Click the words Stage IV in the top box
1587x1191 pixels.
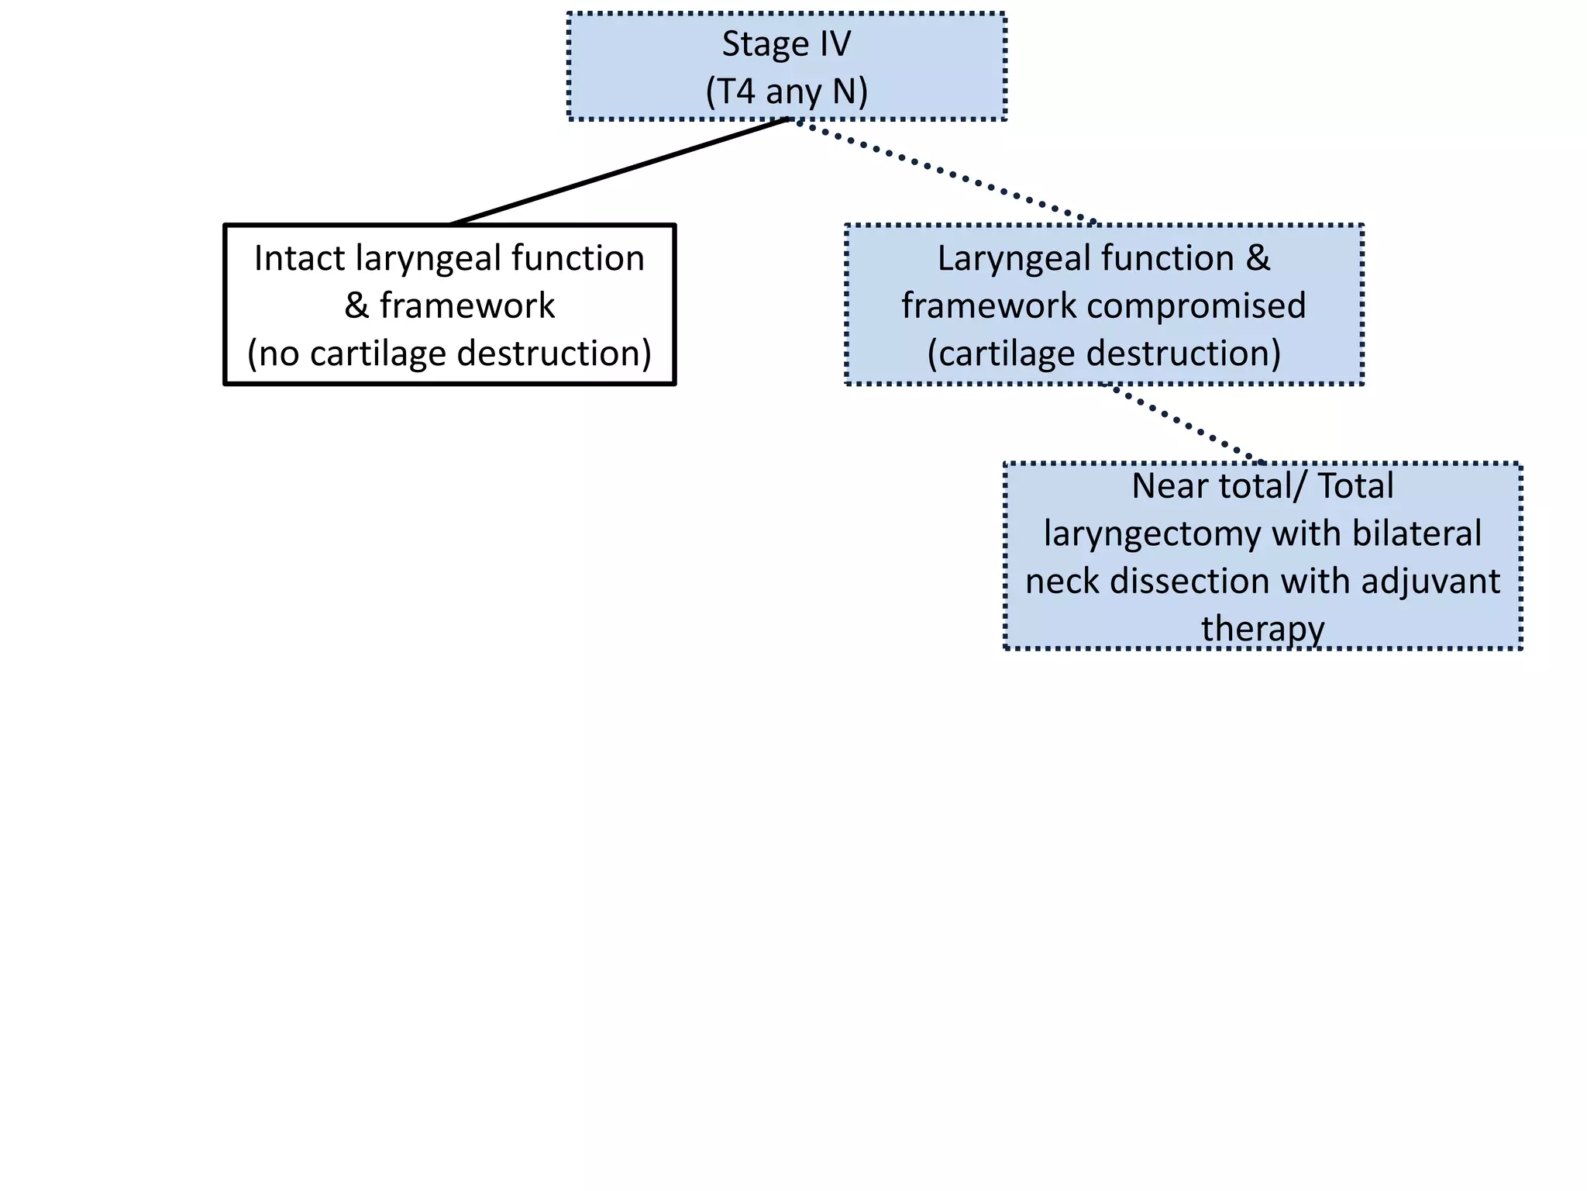coord(786,44)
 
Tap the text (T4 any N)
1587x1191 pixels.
coord(786,91)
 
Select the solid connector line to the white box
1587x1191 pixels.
coord(620,171)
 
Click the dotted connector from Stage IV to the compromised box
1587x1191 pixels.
coord(945,172)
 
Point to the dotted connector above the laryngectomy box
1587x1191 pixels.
coord(1182,423)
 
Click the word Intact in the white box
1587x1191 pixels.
coord(299,258)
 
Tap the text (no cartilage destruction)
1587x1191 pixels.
coord(449,354)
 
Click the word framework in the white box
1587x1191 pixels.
coord(467,306)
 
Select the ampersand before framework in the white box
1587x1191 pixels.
coord(356,306)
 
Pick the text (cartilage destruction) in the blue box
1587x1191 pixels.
coord(1103,354)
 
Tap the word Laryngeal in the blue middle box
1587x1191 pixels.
coord(1007,258)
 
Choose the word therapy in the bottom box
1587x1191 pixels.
coord(1262,628)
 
